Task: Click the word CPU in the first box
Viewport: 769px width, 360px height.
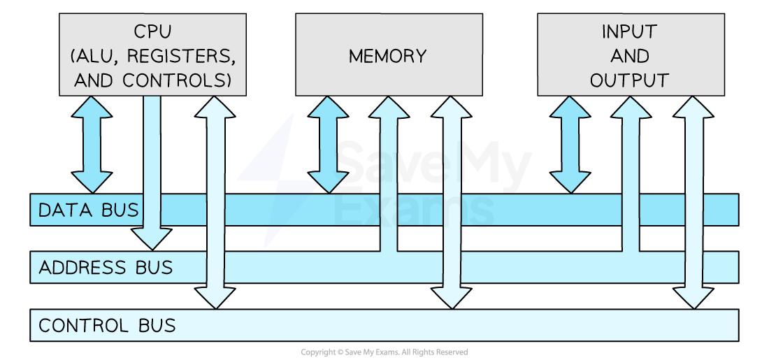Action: tap(152, 31)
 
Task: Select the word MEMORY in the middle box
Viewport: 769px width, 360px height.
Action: tap(388, 56)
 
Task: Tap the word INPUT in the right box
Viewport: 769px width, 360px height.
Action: tap(629, 31)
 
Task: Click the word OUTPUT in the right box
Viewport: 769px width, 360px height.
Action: tap(629, 80)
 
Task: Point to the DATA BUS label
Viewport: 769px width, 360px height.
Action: tap(88, 210)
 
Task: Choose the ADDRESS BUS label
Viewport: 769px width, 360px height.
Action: tap(106, 268)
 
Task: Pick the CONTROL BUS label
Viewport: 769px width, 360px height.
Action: tap(107, 326)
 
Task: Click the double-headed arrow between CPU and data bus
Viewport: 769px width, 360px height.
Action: tap(92, 144)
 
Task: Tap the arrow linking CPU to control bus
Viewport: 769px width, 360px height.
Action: tap(215, 202)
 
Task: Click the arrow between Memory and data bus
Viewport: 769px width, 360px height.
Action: tap(328, 144)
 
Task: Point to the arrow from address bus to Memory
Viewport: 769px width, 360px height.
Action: tap(388, 175)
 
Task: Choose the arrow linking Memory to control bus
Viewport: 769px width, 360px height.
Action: tap(452, 202)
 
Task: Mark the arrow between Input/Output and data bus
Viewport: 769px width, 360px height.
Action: tap(570, 144)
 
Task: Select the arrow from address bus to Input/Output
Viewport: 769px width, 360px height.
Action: tap(631, 175)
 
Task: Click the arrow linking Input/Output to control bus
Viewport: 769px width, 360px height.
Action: tap(693, 202)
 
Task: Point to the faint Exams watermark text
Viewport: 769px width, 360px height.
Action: tap(412, 208)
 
